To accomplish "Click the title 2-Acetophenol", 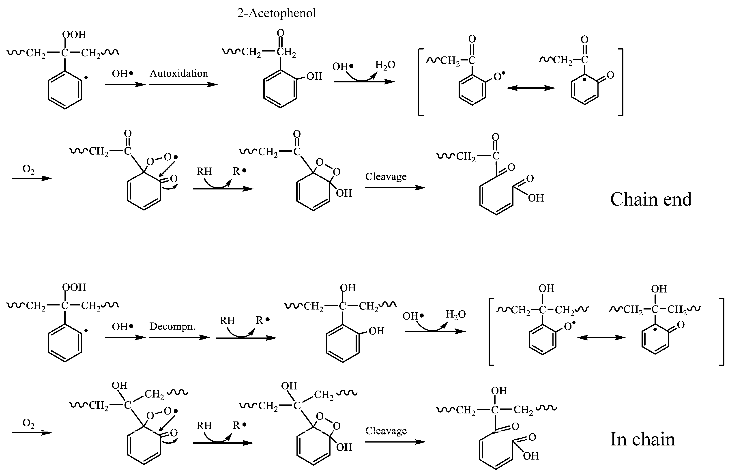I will (x=276, y=13).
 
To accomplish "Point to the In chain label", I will (x=643, y=439).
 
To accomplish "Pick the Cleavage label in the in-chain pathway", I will (x=386, y=431).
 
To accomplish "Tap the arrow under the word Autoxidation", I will (x=183, y=84).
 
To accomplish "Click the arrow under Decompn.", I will (x=179, y=337).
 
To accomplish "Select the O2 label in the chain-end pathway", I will (x=28, y=169).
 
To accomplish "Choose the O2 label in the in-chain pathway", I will (x=28, y=423).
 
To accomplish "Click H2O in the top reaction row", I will (x=385, y=65).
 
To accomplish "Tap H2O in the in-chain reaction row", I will (x=456, y=314).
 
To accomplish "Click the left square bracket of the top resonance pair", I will (x=420, y=82).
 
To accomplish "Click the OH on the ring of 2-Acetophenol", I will (x=314, y=76).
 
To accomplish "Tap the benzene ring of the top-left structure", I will (x=65, y=90).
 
